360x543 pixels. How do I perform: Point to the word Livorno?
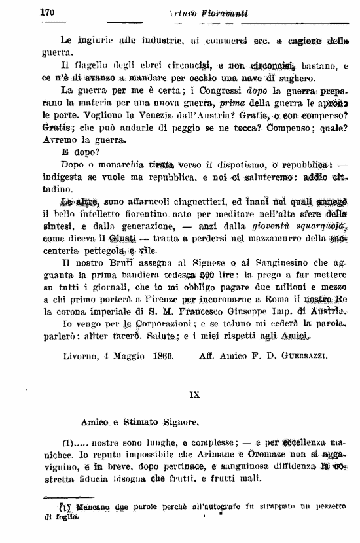(x=81, y=356)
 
